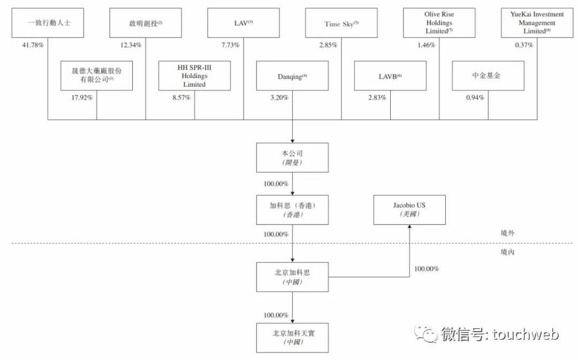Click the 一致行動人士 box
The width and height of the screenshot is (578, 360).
coord(48,23)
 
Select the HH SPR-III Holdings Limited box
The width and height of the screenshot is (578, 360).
coord(194,76)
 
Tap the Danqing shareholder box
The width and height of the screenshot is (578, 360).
coord(292,76)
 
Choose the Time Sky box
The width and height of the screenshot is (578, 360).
coord(341,23)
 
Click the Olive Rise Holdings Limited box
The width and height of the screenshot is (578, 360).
coord(439,23)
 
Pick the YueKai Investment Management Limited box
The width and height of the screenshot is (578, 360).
coord(537,23)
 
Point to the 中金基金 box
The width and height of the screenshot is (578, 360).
coord(488,76)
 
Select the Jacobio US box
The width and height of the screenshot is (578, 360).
coord(409,210)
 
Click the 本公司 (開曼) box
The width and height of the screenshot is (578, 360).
coord(292,158)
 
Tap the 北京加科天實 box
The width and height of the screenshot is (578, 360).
coord(292,338)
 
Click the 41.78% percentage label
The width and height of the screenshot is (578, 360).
coord(33,45)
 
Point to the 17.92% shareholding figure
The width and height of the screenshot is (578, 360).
coord(82,98)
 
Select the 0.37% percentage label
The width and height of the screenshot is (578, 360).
coord(524,45)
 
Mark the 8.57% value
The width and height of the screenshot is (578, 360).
coord(181,98)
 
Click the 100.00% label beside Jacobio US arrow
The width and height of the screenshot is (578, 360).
coord(427,269)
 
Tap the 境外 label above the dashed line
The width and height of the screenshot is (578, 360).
coord(507,233)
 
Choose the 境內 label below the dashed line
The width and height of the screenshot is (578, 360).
coord(507,252)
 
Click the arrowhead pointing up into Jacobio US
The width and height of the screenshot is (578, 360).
coord(409,227)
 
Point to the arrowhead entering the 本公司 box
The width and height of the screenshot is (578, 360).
coord(292,141)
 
